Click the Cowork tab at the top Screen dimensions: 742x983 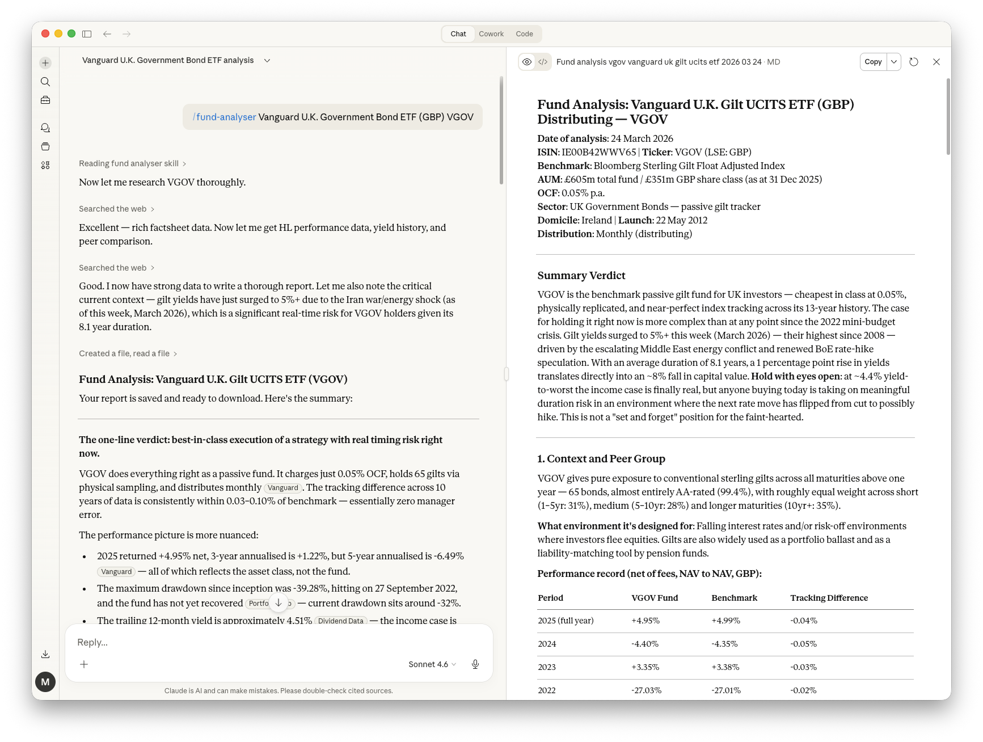[x=491, y=34]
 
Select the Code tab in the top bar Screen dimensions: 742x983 [x=524, y=34]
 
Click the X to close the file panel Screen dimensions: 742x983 [x=936, y=62]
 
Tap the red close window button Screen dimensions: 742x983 [x=45, y=33]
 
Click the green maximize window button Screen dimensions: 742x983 [x=71, y=33]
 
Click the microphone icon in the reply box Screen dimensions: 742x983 [x=475, y=664]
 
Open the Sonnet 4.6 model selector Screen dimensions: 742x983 [x=432, y=664]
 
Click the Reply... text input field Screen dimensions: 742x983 [x=278, y=642]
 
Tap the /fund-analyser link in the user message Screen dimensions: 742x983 [x=225, y=117]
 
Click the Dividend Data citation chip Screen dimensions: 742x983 [x=340, y=621]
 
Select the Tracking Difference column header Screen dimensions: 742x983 [x=829, y=598]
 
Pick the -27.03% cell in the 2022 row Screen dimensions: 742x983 [x=646, y=690]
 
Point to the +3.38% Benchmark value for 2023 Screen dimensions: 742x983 [x=725, y=667]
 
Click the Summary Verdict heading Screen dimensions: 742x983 [x=581, y=276]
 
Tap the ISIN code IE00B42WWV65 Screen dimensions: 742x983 [x=598, y=152]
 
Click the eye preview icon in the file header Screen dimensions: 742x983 [x=527, y=62]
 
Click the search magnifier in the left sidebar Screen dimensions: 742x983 [x=45, y=82]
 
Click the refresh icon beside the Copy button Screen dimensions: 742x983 [x=913, y=62]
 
